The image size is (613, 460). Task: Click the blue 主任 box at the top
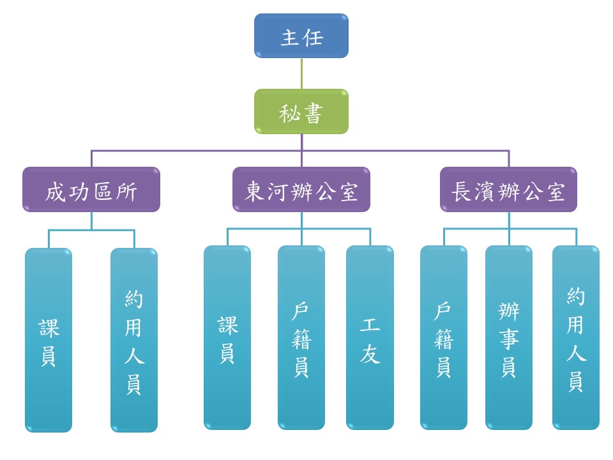coord(301,36)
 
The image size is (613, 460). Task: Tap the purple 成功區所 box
coord(91,190)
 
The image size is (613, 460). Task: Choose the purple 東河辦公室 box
coord(301,190)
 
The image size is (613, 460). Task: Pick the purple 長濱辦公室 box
coord(508,190)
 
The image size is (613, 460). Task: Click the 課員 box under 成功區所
coord(49,340)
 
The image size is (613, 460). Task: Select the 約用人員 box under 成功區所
coord(133,340)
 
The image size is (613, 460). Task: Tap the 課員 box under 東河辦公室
coord(227,337)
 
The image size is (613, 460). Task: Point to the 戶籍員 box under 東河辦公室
coord(301,337)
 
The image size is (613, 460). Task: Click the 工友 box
coord(370,337)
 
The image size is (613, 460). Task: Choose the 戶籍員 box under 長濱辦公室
coord(444,337)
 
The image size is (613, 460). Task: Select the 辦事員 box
coord(508,337)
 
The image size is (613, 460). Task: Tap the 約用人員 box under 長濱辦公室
coord(575,337)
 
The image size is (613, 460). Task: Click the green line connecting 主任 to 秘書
coord(301,73)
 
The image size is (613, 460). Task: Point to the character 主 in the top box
coord(291,37)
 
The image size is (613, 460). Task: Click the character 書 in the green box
coord(313,113)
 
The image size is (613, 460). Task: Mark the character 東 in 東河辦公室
coord(255,191)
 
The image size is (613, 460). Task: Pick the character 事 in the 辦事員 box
coord(508,340)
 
